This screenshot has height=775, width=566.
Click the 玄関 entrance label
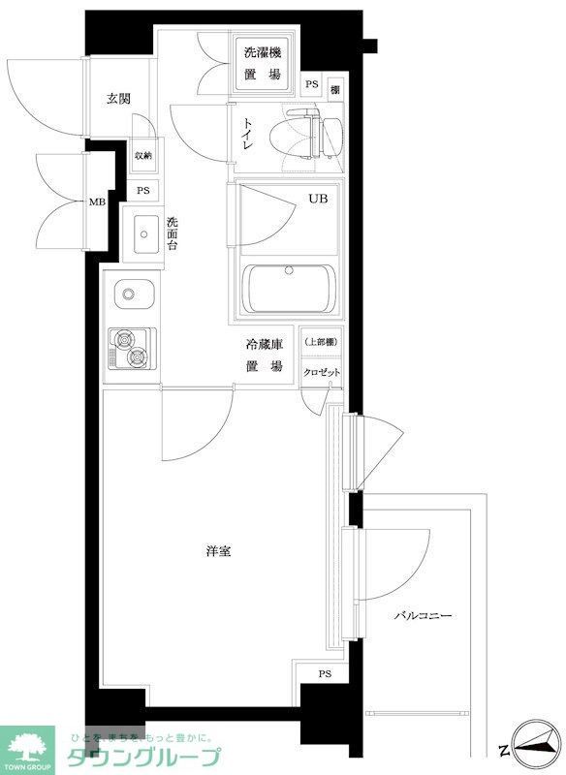(118, 98)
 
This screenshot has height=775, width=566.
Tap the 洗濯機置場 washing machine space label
(262, 63)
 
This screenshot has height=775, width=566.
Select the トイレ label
(249, 135)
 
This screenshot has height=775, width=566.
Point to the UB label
(318, 200)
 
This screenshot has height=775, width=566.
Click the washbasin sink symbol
(146, 233)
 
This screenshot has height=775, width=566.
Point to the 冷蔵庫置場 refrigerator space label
(262, 355)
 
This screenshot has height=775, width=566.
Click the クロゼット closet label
(320, 373)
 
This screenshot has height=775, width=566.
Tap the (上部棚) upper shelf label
(320, 342)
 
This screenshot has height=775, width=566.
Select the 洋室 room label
(217, 552)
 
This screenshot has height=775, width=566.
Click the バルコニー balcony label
(424, 616)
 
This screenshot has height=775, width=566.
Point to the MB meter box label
(98, 201)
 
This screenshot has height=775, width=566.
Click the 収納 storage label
(143, 155)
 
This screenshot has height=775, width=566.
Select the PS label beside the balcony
(325, 674)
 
